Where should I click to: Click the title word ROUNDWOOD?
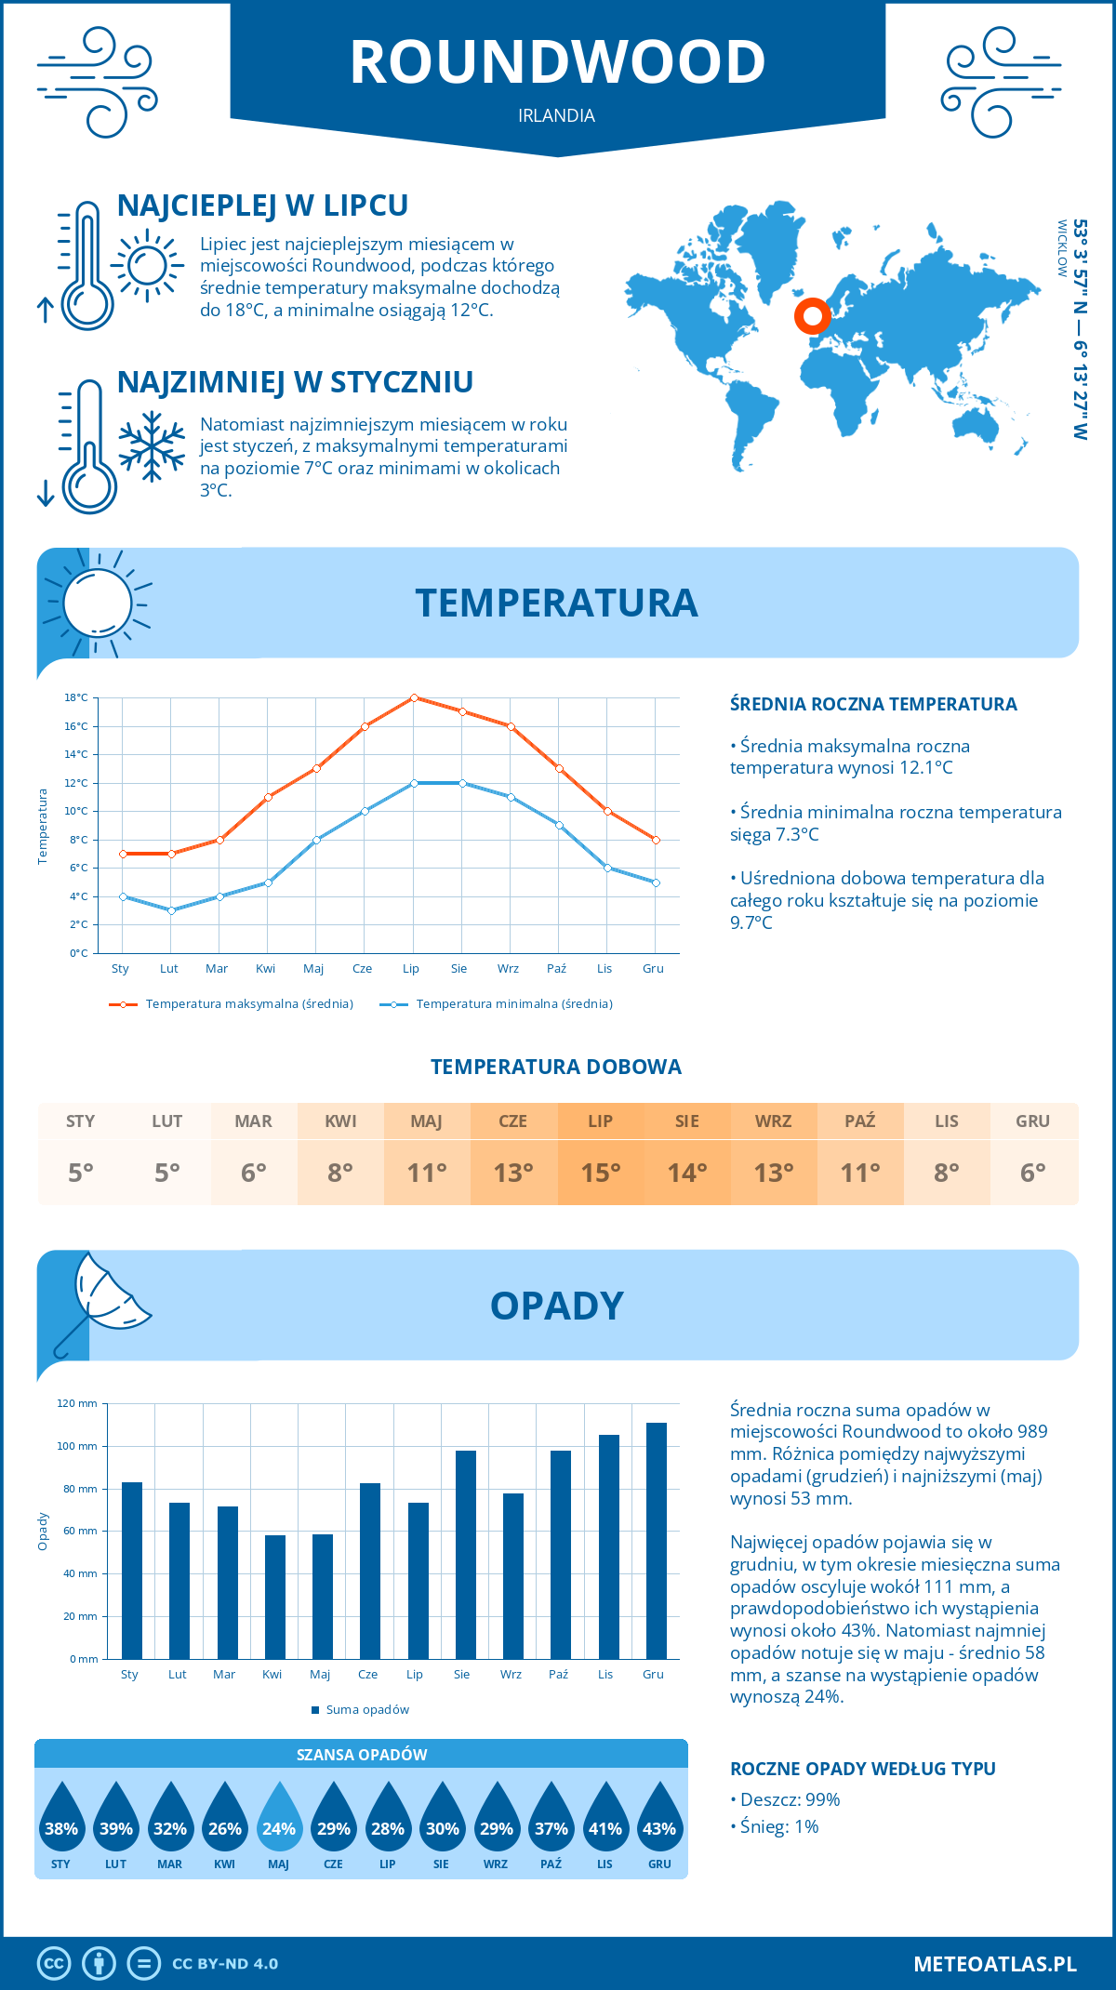tap(557, 62)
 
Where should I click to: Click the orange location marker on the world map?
tap(812, 316)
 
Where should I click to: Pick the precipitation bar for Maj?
tap(323, 1596)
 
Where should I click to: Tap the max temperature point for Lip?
tap(414, 697)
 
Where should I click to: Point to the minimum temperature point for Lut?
tap(171, 910)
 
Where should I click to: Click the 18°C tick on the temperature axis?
tap(76, 697)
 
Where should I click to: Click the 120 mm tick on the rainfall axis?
tap(77, 1403)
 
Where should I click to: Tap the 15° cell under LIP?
tap(601, 1173)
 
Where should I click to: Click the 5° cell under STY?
tap(81, 1173)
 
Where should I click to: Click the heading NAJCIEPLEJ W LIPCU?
tap(262, 206)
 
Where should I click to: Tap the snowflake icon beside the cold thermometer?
tap(152, 446)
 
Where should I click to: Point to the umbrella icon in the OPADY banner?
tap(104, 1298)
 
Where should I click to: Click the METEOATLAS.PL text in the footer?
tap(995, 1964)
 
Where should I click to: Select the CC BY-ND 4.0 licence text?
tap(225, 1964)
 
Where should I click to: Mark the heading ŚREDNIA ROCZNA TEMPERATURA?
tap(873, 704)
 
